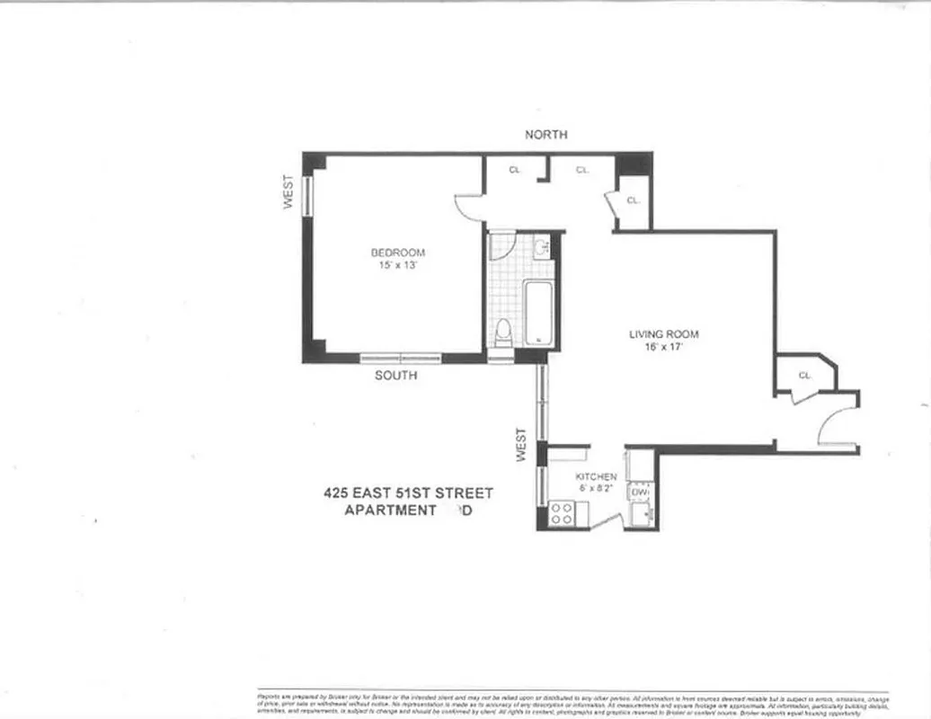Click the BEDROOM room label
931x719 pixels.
(x=397, y=253)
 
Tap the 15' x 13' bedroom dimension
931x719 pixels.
(x=397, y=266)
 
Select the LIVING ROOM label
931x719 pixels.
(x=663, y=334)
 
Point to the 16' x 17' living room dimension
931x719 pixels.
(x=663, y=348)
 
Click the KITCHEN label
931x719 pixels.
(x=596, y=476)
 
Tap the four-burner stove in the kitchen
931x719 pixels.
(x=562, y=513)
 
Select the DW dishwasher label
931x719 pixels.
(x=640, y=493)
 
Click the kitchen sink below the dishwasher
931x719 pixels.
(x=642, y=514)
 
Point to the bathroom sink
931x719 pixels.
(x=541, y=247)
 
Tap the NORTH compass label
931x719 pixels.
(x=546, y=135)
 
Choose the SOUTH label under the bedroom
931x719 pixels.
(x=395, y=375)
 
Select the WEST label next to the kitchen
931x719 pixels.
(x=521, y=445)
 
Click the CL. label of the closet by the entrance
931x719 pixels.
(x=804, y=376)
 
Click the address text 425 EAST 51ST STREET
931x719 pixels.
(x=408, y=493)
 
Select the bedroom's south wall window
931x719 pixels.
(x=401, y=358)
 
